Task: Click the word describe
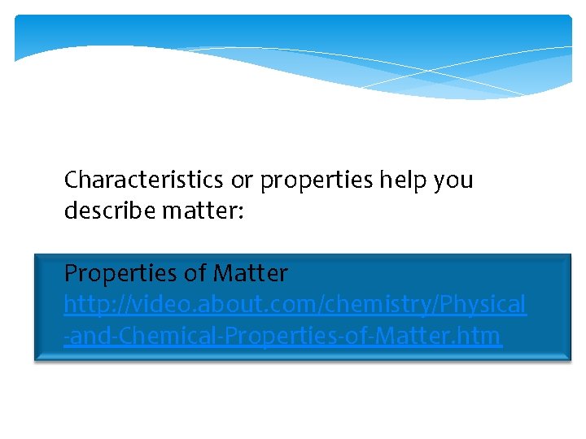point(109,211)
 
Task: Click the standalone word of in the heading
point(200,273)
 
